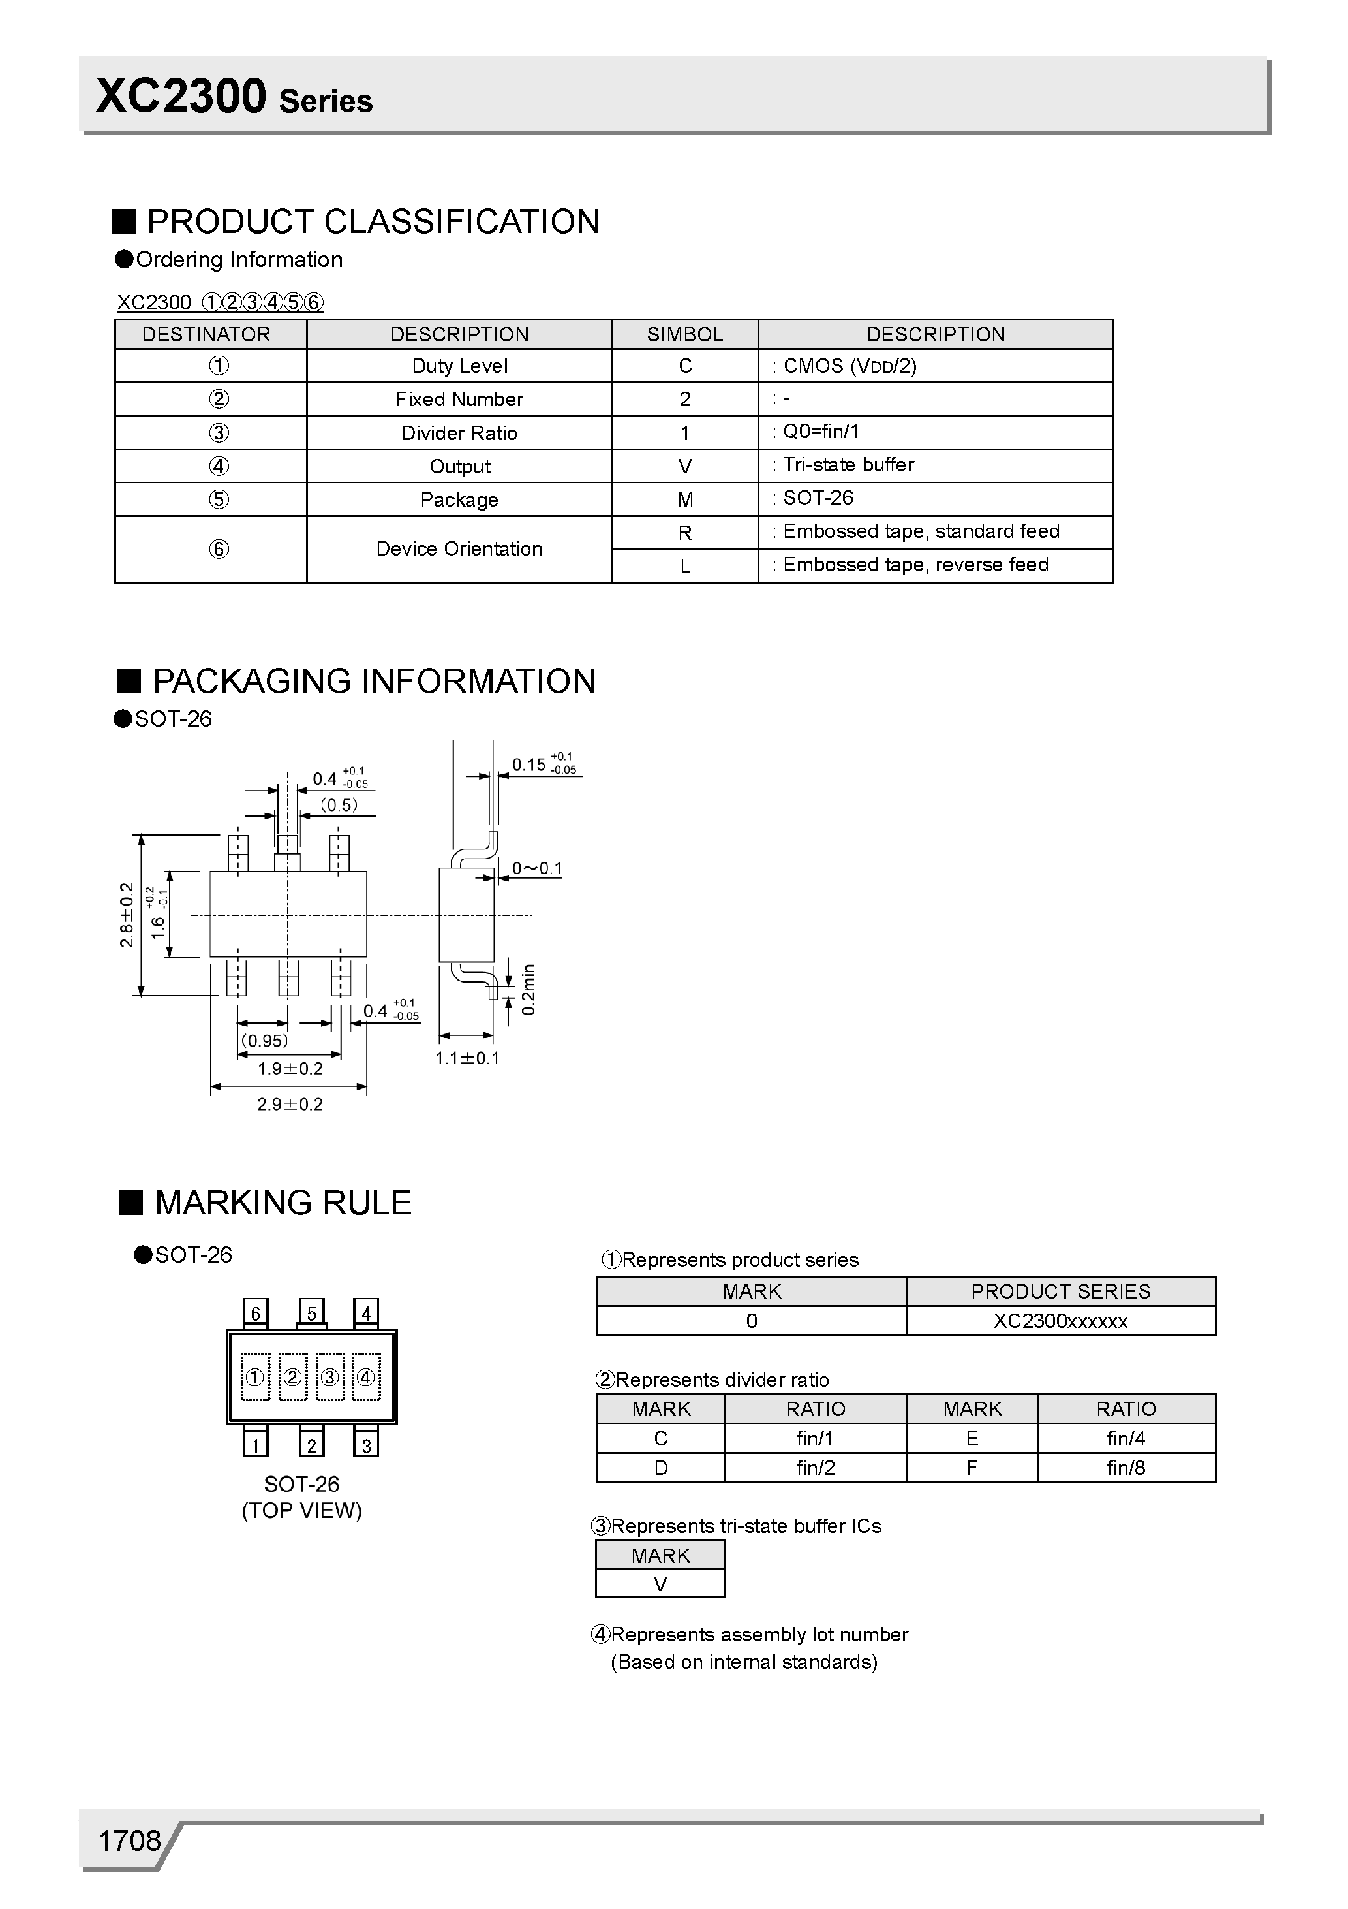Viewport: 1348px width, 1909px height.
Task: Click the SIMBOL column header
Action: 685,334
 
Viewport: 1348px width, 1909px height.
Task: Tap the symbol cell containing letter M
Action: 685,499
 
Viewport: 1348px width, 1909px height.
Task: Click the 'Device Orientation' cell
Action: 459,549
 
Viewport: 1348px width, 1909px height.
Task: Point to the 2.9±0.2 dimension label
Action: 289,1104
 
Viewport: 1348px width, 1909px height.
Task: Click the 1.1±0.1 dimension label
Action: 467,1058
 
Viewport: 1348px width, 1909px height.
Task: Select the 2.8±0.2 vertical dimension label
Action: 127,915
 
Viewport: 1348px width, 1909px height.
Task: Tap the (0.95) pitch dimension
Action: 264,1041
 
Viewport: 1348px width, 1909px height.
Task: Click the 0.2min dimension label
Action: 528,989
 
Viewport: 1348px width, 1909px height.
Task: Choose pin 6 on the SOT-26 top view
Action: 255,1313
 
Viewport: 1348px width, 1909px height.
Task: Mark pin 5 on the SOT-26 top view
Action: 312,1313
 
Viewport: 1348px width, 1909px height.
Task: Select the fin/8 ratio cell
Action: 1126,1468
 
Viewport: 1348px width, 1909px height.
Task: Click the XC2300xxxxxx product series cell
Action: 1060,1321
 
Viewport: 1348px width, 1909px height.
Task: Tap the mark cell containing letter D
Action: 661,1468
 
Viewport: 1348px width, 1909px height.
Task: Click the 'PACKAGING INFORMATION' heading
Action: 374,681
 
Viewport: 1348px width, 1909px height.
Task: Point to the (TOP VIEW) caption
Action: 301,1511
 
